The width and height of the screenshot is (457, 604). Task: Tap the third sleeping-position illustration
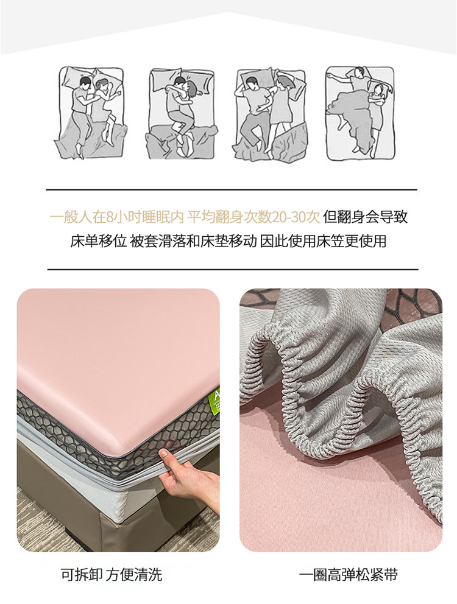click(271, 115)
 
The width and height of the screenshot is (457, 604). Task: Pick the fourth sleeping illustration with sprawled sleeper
click(360, 113)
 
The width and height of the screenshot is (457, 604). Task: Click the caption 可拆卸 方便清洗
click(112, 574)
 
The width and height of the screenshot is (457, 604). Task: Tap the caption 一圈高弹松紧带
click(349, 575)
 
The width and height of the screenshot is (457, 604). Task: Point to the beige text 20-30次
click(296, 217)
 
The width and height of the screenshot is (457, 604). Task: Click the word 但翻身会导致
click(365, 217)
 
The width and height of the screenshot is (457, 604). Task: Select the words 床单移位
click(98, 241)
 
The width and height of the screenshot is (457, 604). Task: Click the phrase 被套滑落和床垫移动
click(193, 241)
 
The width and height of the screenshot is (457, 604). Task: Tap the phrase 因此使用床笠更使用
click(323, 241)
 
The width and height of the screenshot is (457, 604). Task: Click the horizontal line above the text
click(232, 190)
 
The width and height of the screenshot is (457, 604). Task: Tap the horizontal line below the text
click(233, 270)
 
